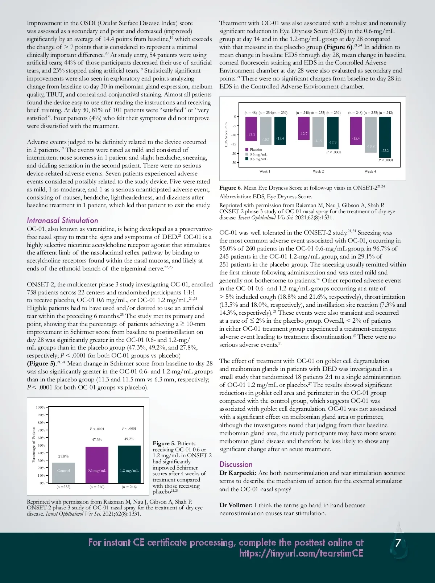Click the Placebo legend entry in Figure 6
click(255, 149)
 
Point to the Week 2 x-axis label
click(318, 171)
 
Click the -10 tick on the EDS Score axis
click(234, 135)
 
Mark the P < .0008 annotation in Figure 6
click(333, 152)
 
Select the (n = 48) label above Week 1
click(250, 113)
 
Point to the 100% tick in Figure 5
click(40, 408)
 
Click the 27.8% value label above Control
click(63, 456)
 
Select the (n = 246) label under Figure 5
click(129, 487)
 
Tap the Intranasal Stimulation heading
click(62, 220)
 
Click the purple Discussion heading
click(236, 464)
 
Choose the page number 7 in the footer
click(398, 543)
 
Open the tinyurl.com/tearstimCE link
click(301, 553)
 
